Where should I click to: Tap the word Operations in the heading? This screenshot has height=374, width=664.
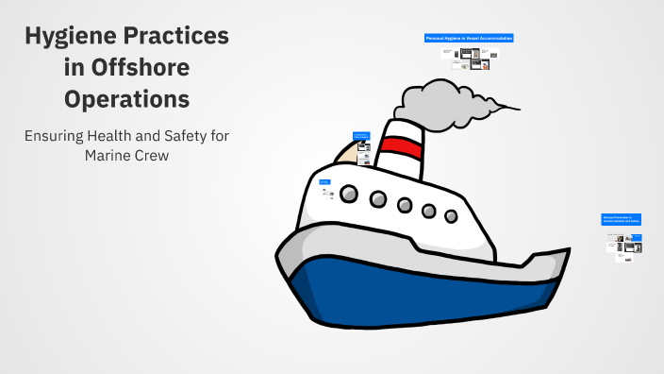pyautogui.click(x=126, y=98)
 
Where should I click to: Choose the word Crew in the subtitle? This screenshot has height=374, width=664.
pyautogui.click(x=153, y=156)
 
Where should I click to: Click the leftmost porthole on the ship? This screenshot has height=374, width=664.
pyautogui.click(x=349, y=195)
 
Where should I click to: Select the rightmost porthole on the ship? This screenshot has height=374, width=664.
pyautogui.click(x=451, y=216)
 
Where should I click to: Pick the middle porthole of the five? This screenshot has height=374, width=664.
pyautogui.click(x=405, y=205)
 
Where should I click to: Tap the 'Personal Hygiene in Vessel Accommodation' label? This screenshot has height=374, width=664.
pyautogui.click(x=469, y=39)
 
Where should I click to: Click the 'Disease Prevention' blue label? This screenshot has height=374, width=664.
pyautogui.click(x=622, y=219)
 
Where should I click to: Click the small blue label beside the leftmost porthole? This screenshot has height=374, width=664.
pyautogui.click(x=324, y=181)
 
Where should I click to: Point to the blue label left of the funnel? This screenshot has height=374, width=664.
pyautogui.click(x=360, y=136)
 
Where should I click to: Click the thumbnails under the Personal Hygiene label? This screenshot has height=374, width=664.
pyautogui.click(x=469, y=57)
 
